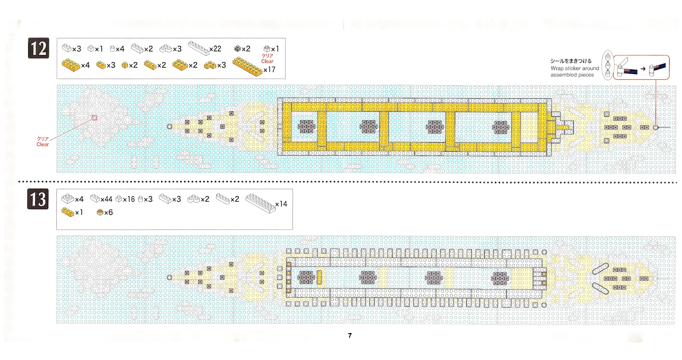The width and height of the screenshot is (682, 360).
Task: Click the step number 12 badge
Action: tap(38, 49)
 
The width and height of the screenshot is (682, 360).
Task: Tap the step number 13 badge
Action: tap(38, 199)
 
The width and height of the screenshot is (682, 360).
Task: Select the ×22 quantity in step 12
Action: tap(215, 49)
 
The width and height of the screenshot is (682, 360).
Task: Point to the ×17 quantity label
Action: tap(269, 69)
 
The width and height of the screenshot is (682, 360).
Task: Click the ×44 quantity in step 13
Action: tap(107, 199)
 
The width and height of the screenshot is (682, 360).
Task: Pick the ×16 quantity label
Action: tap(129, 199)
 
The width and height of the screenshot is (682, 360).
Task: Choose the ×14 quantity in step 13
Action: tap(281, 204)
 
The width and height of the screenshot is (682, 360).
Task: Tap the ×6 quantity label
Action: tap(109, 212)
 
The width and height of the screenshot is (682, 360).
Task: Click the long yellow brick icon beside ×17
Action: tap(247, 66)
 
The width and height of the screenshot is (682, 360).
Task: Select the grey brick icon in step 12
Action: tap(237, 49)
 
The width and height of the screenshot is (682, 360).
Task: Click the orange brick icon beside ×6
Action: tap(100, 212)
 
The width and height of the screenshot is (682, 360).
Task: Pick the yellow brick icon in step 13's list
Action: tap(67, 211)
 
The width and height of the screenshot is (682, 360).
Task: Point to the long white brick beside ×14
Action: tap(260, 202)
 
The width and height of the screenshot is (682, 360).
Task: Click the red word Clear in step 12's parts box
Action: tap(267, 61)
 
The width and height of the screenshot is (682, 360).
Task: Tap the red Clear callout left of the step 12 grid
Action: tap(43, 144)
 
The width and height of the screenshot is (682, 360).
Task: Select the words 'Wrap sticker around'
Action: tap(575, 68)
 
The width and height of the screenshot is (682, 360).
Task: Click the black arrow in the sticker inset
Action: tap(643, 69)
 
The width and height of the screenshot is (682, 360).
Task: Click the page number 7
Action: tap(350, 336)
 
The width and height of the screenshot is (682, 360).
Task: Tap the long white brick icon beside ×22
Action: tap(198, 48)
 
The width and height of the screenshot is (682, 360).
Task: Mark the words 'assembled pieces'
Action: tap(572, 75)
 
